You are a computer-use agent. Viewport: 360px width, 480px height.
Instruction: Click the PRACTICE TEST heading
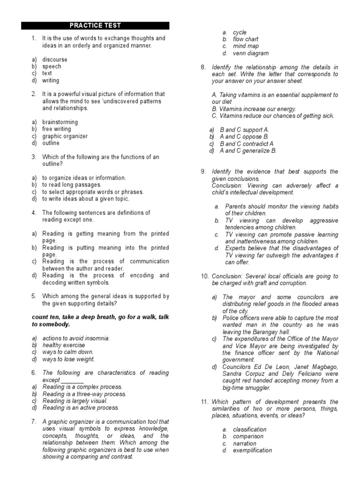coord(95,26)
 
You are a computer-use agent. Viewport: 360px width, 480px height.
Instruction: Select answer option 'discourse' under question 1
coord(55,60)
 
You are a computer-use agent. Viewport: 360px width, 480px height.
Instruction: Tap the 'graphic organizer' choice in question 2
coord(65,136)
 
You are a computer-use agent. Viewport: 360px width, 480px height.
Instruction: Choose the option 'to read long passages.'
coord(72,185)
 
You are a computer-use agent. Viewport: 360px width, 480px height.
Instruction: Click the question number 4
coord(34,213)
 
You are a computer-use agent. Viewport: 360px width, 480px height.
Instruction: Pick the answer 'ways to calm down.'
coord(68,352)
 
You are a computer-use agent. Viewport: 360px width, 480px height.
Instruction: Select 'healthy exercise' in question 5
coord(64,345)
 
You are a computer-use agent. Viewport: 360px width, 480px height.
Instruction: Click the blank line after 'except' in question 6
coord(72,380)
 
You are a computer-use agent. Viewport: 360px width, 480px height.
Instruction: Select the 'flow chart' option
coord(246,39)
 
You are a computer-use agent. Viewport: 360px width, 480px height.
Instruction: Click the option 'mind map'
coord(246,46)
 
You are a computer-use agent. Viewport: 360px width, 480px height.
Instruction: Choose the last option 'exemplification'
coord(252,450)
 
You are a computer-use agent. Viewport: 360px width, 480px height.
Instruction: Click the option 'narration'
coord(245,443)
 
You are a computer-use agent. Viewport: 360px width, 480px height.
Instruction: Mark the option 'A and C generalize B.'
coord(248,150)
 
